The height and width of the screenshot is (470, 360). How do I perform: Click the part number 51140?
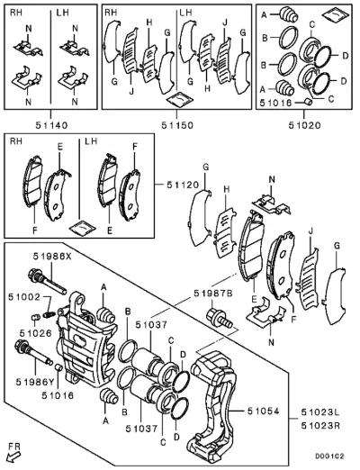point(51,125)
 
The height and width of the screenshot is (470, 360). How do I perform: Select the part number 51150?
point(177,125)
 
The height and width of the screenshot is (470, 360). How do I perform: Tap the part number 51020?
point(304,125)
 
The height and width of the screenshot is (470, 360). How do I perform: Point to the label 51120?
point(183,185)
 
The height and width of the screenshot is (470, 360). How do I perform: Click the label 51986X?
point(52,256)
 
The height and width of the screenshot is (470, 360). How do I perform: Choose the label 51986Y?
point(36,382)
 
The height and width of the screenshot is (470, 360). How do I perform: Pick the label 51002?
point(24,297)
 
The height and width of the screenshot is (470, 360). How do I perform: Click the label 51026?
point(36,333)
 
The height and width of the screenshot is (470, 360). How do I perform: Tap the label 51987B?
point(213,294)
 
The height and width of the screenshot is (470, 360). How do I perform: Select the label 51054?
point(263,411)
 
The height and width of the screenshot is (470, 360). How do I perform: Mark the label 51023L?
point(320,413)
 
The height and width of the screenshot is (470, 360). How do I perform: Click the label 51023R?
point(320,426)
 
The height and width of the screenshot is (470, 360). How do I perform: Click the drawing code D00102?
point(329,456)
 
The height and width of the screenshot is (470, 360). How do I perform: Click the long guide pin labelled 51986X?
point(47,281)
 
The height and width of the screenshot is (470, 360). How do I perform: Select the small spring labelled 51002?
point(49,315)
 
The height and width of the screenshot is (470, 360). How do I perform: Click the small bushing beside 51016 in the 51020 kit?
point(308,102)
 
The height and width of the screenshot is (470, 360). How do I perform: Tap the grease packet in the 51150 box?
point(180,99)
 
